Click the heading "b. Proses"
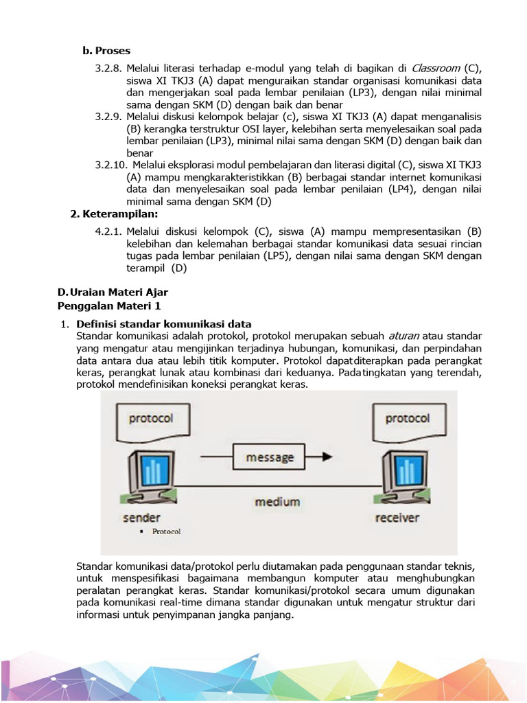point(106,51)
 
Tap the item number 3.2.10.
point(111,165)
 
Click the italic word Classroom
point(436,68)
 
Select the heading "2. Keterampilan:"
point(115,214)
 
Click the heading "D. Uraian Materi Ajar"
point(113,292)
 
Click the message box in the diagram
point(270,457)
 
